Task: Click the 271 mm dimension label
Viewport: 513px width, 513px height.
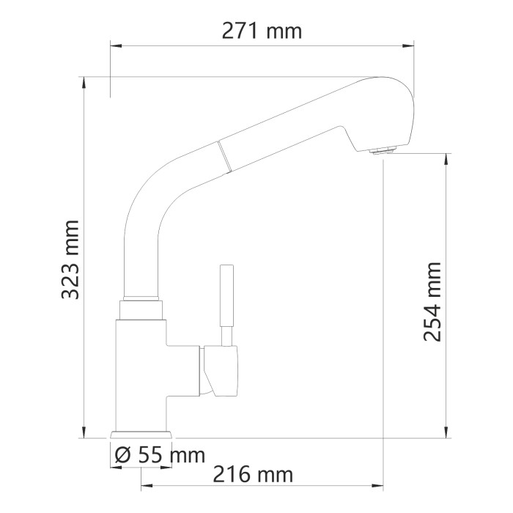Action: tap(261, 31)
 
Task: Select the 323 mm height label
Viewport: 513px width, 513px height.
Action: tap(71, 259)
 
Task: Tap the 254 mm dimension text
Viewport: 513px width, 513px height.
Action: tap(433, 301)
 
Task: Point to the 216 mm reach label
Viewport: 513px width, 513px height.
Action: tap(252, 474)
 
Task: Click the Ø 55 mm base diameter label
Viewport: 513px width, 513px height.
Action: tap(159, 455)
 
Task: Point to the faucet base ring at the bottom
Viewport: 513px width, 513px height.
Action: tap(141, 434)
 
